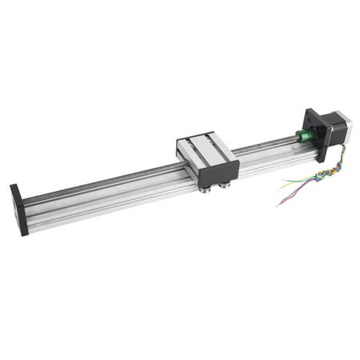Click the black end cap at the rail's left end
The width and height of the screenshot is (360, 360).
(18, 209)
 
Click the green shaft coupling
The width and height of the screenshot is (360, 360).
(305, 135)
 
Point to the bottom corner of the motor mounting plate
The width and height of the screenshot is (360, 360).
(321, 158)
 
